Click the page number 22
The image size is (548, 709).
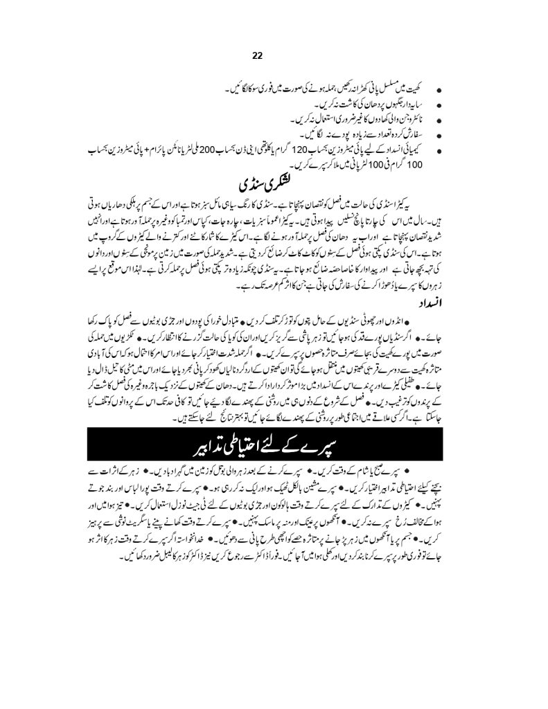point(274,58)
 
